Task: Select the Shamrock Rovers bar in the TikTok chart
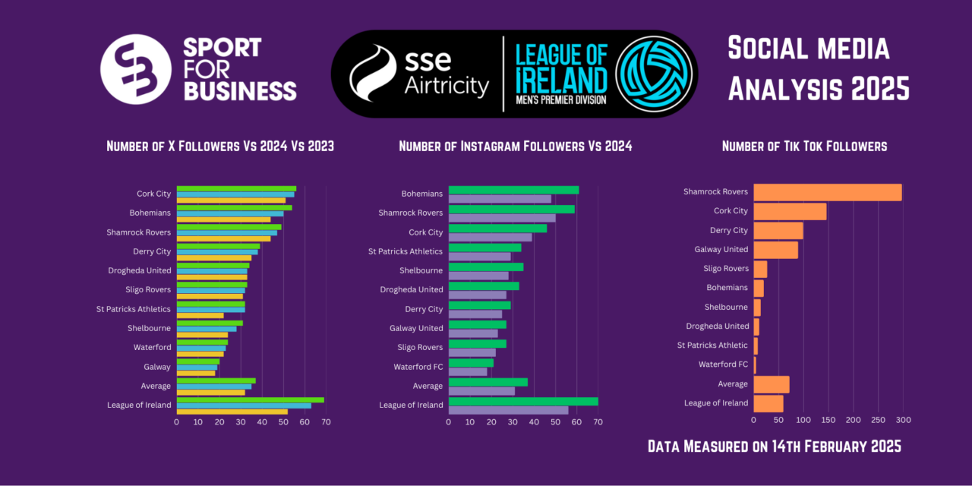click(x=827, y=192)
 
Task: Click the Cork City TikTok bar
click(x=790, y=211)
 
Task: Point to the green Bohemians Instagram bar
click(x=513, y=190)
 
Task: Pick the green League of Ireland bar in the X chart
click(x=250, y=399)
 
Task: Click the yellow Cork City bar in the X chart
click(x=231, y=200)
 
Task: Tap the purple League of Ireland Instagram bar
click(x=508, y=410)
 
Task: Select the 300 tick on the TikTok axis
click(x=903, y=420)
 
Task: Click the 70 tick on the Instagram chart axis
click(x=598, y=421)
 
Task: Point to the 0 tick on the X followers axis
click(x=177, y=421)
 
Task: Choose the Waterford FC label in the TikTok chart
click(x=723, y=364)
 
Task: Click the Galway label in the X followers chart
click(x=157, y=367)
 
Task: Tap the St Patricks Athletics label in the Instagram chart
click(x=406, y=251)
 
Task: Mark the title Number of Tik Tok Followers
click(x=804, y=146)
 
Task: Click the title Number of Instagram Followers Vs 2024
click(x=515, y=146)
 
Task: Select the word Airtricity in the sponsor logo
click(x=446, y=87)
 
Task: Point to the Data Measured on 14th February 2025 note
click(x=774, y=447)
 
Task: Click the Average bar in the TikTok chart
click(x=771, y=384)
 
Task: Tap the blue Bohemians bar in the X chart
click(x=230, y=213)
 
